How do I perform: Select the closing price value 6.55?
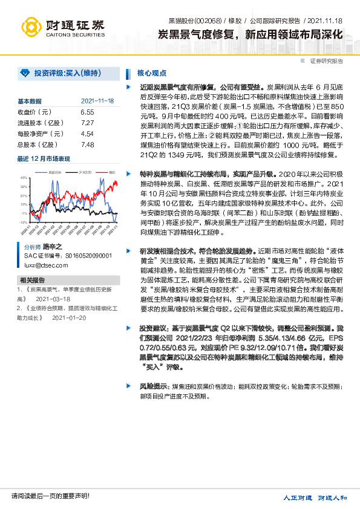87,112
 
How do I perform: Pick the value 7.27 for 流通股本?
87,123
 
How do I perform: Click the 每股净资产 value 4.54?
87,134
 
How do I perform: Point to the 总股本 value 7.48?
87,145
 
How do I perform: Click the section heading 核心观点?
152,73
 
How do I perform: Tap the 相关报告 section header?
32,280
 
